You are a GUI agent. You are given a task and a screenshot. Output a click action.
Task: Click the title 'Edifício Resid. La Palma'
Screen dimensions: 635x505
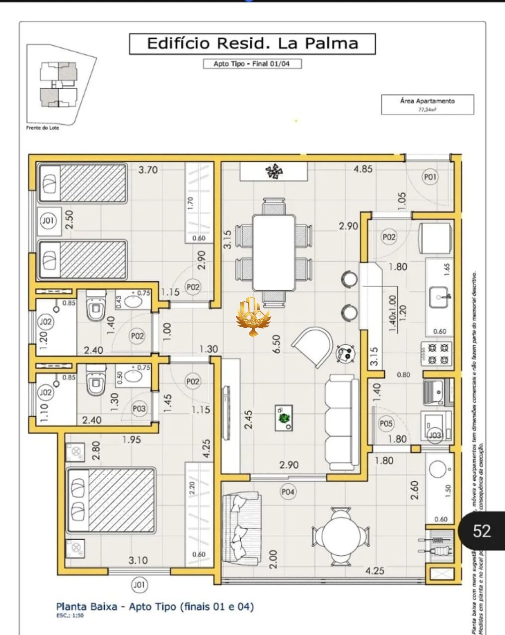[252, 44]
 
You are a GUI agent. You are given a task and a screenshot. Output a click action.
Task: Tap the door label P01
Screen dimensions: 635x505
[430, 177]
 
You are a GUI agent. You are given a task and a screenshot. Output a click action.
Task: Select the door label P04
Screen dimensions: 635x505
[288, 492]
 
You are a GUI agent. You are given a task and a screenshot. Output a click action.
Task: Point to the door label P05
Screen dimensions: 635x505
[386, 423]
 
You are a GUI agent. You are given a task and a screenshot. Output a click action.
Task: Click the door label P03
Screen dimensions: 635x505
[139, 408]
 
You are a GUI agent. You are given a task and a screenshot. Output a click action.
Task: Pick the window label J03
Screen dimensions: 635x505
[434, 436]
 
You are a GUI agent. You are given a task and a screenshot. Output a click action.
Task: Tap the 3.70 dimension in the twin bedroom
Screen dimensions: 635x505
[148, 170]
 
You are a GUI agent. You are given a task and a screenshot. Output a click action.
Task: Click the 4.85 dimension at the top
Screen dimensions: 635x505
[362, 169]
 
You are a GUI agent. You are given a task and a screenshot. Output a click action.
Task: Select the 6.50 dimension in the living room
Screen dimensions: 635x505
[276, 344]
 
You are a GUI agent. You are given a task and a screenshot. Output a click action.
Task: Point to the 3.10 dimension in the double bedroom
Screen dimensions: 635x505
[138, 560]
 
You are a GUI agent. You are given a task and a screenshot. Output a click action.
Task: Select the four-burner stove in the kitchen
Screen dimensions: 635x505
[437, 353]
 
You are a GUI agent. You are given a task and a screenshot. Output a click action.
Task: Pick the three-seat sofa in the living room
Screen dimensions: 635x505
[341, 422]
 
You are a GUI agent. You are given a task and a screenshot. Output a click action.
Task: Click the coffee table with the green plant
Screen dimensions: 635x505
[284, 417]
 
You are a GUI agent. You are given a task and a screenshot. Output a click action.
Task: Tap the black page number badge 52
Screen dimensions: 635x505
[481, 531]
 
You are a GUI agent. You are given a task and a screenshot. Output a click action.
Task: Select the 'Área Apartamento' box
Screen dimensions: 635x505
[427, 105]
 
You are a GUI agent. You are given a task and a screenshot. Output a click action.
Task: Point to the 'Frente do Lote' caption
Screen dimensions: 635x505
[42, 128]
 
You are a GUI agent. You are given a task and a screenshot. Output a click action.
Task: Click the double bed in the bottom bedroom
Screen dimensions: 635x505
[111, 500]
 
